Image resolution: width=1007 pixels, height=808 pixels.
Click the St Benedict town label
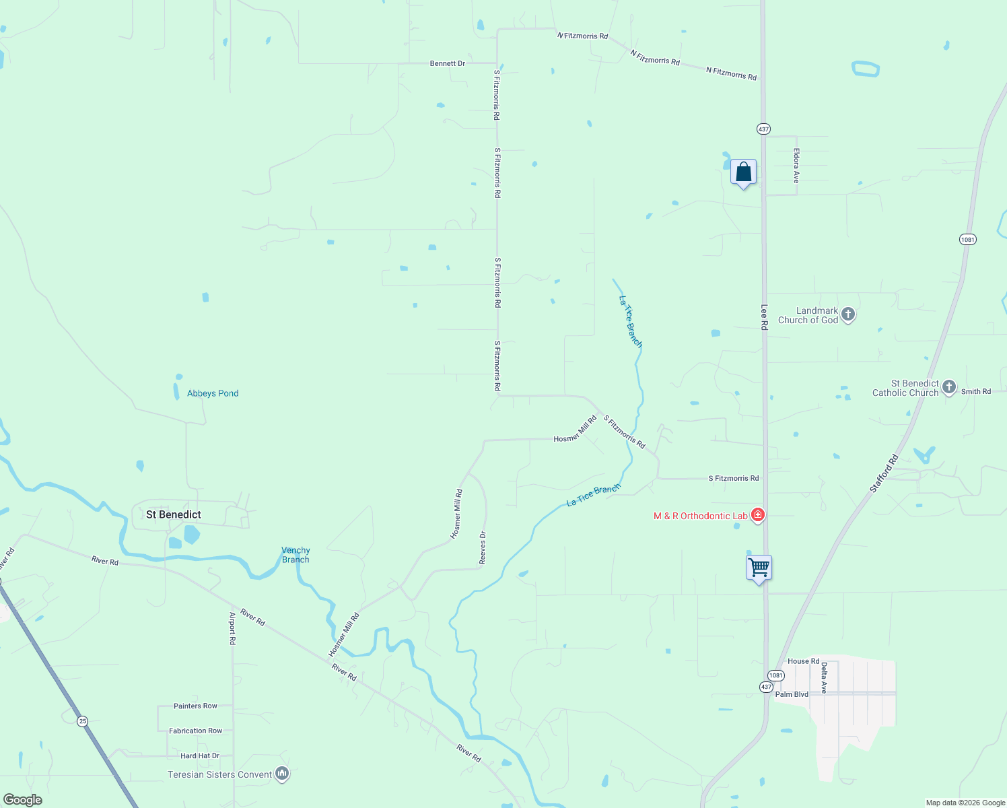pyautogui.click(x=174, y=514)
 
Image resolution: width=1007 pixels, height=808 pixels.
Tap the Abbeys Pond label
pyautogui.click(x=213, y=393)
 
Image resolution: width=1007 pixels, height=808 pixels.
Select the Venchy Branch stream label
pyautogui.click(x=296, y=555)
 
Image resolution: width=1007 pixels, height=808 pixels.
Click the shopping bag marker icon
pyautogui.click(x=743, y=172)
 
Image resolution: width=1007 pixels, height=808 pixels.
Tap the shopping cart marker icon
pyautogui.click(x=759, y=568)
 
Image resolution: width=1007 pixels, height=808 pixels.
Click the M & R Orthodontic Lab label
pyautogui.click(x=700, y=516)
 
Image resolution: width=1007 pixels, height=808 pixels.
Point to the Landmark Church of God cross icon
pyautogui.click(x=848, y=314)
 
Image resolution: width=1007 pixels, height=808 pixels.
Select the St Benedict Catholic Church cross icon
pyautogui.click(x=949, y=387)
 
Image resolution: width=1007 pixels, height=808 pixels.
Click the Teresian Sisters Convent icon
pyautogui.click(x=283, y=774)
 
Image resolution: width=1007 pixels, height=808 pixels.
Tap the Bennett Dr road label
pyautogui.click(x=448, y=63)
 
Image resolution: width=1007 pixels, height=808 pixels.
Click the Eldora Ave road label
pyautogui.click(x=796, y=166)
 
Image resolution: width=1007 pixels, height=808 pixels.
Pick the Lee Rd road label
pyautogui.click(x=764, y=317)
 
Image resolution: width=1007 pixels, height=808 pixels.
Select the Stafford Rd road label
pyautogui.click(x=884, y=474)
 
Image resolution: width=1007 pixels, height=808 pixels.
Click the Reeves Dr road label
pyautogui.click(x=483, y=547)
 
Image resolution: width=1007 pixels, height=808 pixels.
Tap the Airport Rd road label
pyautogui.click(x=232, y=628)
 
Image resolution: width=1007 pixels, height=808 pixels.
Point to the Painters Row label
pyautogui.click(x=195, y=706)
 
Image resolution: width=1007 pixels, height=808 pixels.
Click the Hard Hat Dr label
pyautogui.click(x=200, y=755)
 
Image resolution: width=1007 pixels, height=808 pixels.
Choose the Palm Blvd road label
pyautogui.click(x=792, y=694)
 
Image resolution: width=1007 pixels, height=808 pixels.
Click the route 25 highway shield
pyautogui.click(x=82, y=721)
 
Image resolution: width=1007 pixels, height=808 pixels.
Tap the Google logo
pyautogui.click(x=23, y=800)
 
